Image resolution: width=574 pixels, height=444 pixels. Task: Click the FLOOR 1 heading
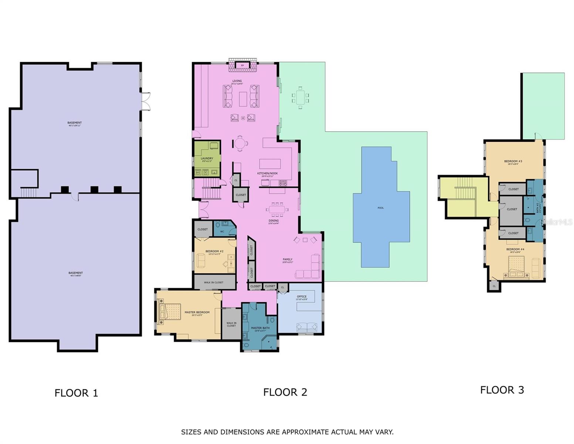point(76,393)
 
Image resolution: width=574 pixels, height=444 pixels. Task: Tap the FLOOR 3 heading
point(502,390)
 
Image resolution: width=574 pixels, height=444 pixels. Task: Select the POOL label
point(381,208)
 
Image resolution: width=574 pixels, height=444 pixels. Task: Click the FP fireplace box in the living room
point(242,65)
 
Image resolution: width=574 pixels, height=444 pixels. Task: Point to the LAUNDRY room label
point(207,158)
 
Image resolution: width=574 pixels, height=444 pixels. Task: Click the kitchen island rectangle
point(270,164)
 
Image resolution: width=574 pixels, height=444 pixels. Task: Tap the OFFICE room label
point(302,296)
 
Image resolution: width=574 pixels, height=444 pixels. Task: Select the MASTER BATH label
point(260,328)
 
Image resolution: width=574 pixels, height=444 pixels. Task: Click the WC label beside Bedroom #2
point(222,232)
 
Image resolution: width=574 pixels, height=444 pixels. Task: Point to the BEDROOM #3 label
point(513,161)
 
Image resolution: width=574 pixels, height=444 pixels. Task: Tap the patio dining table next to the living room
point(300,98)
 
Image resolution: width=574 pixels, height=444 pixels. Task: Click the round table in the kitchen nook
point(240,143)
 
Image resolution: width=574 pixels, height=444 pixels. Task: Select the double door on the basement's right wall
point(146,101)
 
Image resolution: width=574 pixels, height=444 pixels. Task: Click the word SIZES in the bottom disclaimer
point(191,432)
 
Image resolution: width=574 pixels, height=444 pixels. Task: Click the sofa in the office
point(307,327)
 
